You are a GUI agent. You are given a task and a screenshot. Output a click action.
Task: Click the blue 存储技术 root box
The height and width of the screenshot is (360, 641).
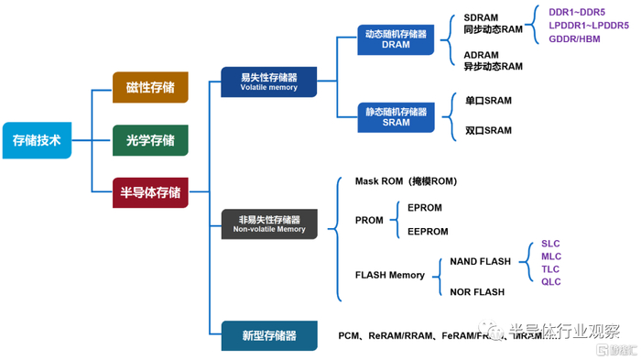pyautogui.click(x=37, y=140)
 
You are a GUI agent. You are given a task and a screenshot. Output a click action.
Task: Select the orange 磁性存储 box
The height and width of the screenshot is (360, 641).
pyautogui.click(x=150, y=87)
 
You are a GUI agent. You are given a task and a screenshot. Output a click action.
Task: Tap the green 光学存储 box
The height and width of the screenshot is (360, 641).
pyautogui.click(x=150, y=140)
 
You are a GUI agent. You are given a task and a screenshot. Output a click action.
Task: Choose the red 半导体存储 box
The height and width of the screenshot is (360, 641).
pyautogui.click(x=150, y=192)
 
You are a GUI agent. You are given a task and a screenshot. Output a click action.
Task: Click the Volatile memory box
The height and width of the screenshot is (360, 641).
pyautogui.click(x=269, y=82)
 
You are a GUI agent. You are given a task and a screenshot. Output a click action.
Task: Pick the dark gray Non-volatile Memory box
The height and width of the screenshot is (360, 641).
pyautogui.click(x=269, y=224)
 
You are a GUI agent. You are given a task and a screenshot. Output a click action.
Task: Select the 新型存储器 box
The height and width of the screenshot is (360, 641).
pyautogui.click(x=269, y=336)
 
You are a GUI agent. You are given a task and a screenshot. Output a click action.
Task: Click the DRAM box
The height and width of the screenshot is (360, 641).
pyautogui.click(x=396, y=39)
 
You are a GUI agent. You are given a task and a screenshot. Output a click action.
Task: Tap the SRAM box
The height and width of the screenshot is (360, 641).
pyautogui.click(x=396, y=116)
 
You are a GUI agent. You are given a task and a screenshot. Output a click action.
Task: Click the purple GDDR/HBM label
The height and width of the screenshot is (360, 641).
pyautogui.click(x=574, y=39)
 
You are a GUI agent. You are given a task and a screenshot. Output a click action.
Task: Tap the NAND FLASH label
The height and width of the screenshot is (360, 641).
pyautogui.click(x=480, y=261)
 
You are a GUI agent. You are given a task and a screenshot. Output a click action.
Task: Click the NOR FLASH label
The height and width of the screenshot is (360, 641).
pyautogui.click(x=477, y=292)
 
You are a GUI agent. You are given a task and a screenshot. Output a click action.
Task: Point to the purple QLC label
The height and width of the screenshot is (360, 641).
pyautogui.click(x=550, y=282)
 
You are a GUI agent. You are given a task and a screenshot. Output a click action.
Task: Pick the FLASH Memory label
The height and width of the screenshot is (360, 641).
pyautogui.click(x=390, y=275)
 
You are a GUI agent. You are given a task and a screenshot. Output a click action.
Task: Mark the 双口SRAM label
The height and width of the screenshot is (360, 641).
pyautogui.click(x=488, y=131)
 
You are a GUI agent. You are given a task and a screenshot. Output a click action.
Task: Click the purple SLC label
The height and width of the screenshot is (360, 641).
pyautogui.click(x=550, y=244)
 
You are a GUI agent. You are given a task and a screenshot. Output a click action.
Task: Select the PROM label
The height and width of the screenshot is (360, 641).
pyautogui.click(x=370, y=221)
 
